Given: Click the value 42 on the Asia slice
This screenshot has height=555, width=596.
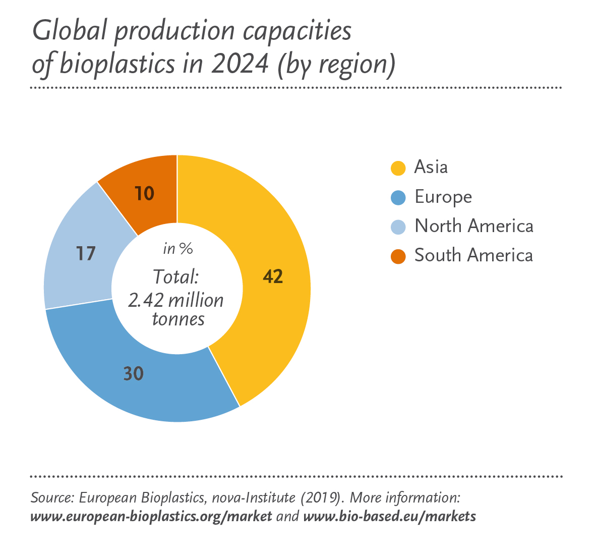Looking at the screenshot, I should pos(273,276).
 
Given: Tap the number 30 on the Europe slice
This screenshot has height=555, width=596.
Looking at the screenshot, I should pos(134,374).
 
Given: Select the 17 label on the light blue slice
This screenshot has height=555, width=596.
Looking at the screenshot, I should pos(86,253).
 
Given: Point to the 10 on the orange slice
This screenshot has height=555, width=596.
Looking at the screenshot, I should pos(145,194).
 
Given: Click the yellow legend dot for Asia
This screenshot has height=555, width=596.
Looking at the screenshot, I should pos(398,168).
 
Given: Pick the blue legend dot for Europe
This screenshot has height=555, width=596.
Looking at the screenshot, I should pos(398,197).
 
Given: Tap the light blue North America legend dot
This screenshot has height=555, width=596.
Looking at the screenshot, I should pos(398,227).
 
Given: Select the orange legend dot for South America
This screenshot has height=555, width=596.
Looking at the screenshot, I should pos(398,256).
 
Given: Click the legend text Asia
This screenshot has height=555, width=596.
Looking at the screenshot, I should pos(431,167).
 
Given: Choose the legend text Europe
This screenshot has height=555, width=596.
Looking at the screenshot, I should pos(443,197).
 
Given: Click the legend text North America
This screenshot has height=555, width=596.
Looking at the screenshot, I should pos(473,226).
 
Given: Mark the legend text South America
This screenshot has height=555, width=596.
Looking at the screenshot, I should pos(473,255).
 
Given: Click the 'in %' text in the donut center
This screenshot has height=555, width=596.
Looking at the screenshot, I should pos(177,249).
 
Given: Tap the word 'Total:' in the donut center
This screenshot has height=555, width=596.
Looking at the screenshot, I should pos(176,277).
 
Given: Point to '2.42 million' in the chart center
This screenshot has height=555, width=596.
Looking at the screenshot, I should pos(175,300).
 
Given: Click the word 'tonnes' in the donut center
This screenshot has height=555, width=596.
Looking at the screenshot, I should pos(178,319).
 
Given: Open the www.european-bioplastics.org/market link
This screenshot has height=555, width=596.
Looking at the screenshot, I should pos(151,517).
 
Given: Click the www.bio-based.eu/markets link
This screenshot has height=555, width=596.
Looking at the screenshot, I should pos(389,517).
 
